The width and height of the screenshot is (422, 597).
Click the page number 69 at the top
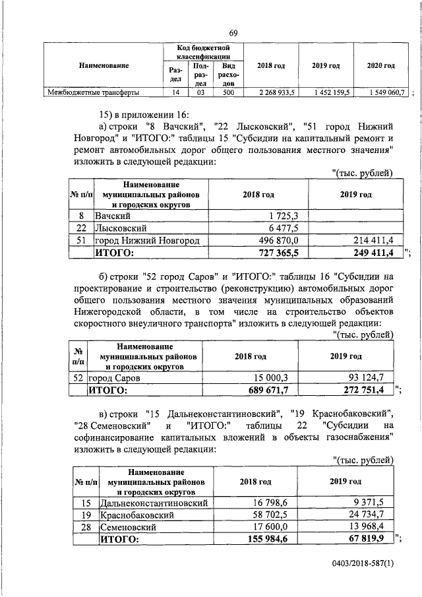pyautogui.click(x=233, y=34)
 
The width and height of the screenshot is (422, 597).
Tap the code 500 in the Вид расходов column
pyautogui.click(x=228, y=92)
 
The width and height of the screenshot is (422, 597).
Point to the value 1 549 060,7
pyautogui.click(x=384, y=92)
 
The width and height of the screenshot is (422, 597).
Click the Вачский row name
pyautogui.click(x=113, y=216)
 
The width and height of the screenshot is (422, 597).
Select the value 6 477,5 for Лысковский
pyautogui.click(x=284, y=228)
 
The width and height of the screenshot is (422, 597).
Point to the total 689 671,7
pyautogui.click(x=265, y=390)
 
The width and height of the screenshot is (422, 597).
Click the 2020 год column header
pyautogui.click(x=380, y=66)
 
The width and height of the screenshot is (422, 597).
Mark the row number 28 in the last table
pyautogui.click(x=85, y=527)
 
